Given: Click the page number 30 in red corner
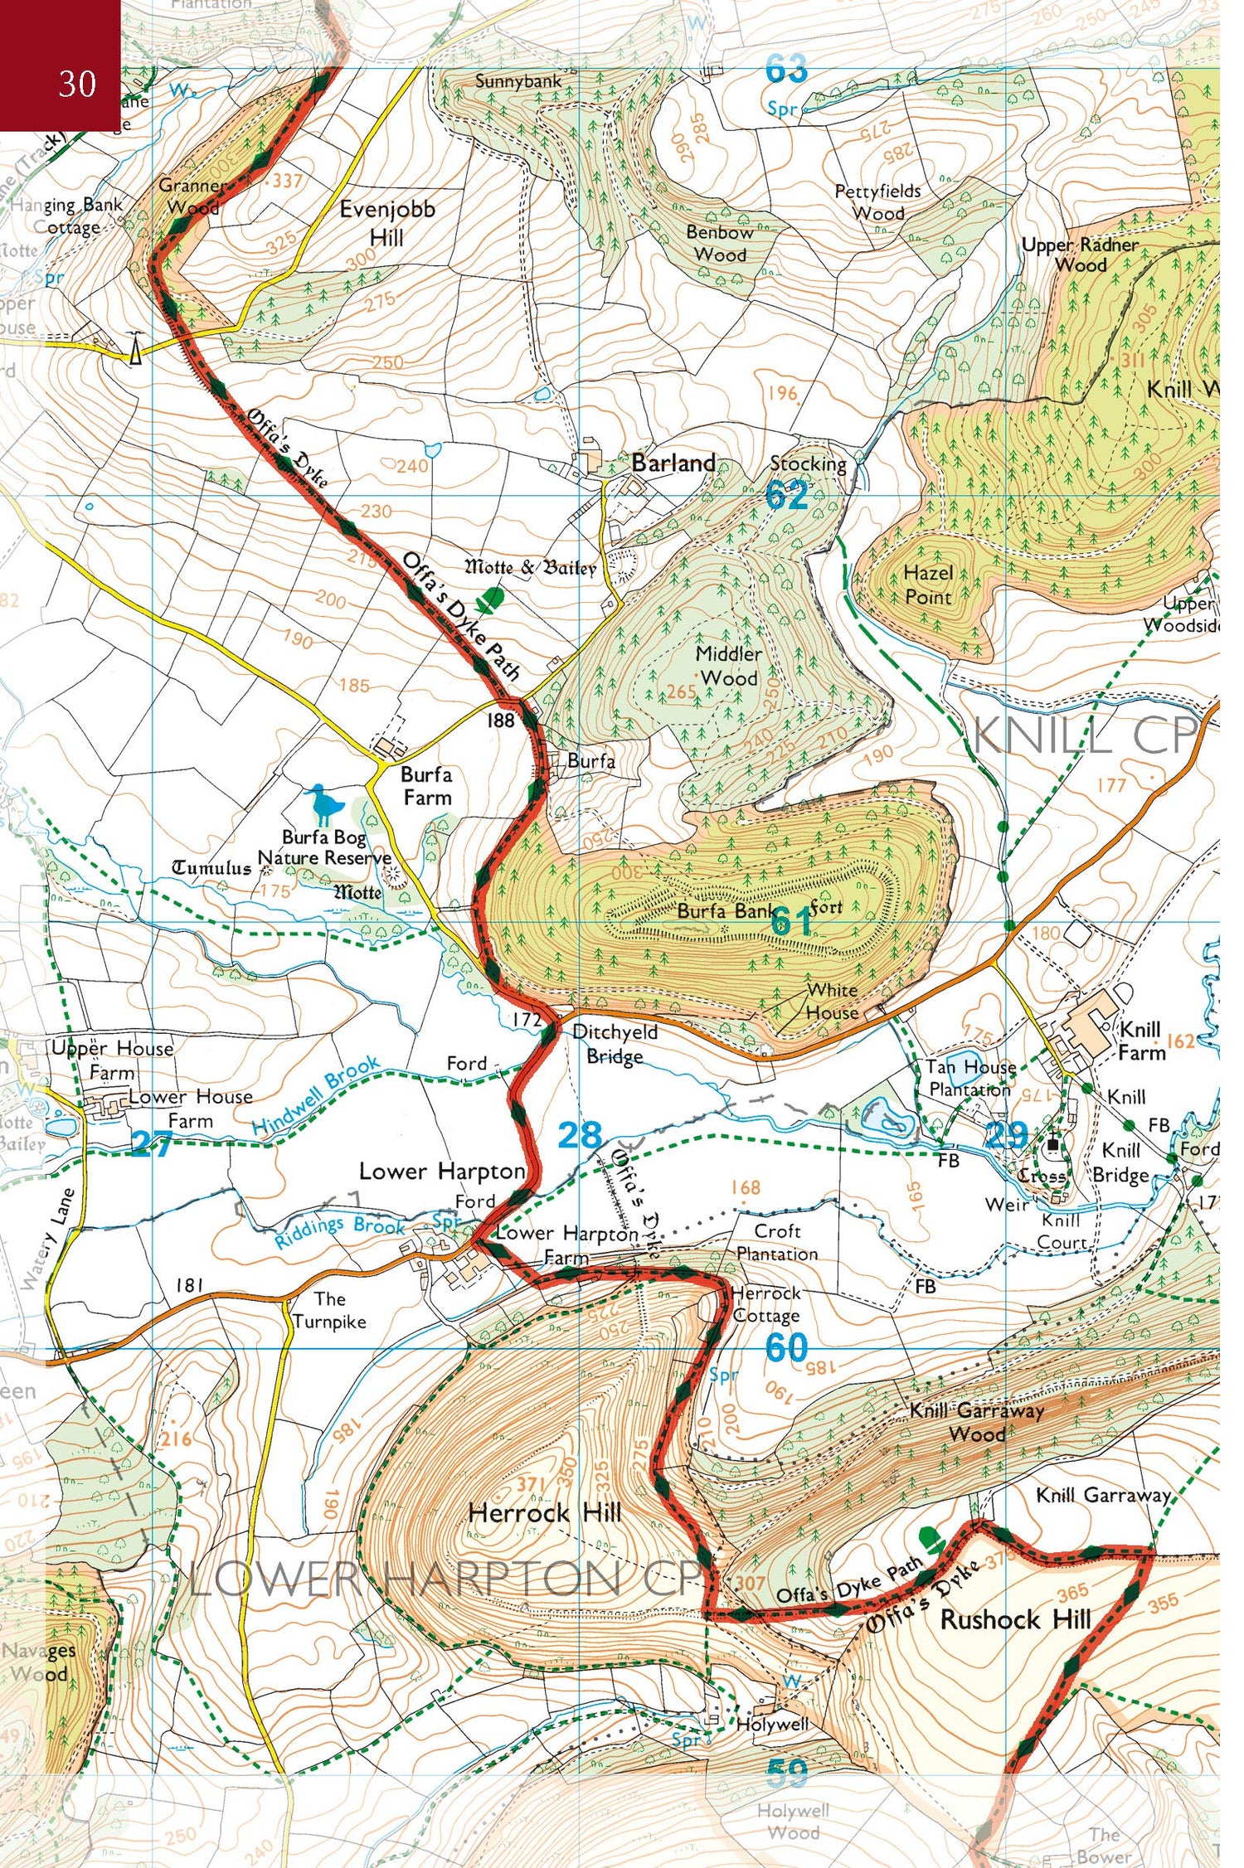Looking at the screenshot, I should pyautogui.click(x=77, y=84).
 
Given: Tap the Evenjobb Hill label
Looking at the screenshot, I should pyautogui.click(x=386, y=223).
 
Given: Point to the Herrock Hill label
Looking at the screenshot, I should pyautogui.click(x=544, y=1512).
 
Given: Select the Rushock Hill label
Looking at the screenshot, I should pyautogui.click(x=1015, y=1619).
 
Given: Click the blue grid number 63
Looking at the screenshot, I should pyautogui.click(x=785, y=70).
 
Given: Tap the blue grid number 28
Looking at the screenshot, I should pyautogui.click(x=579, y=1135).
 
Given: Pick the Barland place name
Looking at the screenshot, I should pyautogui.click(x=673, y=463).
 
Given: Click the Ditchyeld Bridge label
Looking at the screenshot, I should pyautogui.click(x=615, y=1044).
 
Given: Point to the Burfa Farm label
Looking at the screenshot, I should pyautogui.click(x=426, y=785).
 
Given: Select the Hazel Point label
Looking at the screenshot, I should pyautogui.click(x=928, y=584).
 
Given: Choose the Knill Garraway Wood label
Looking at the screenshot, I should pyautogui.click(x=976, y=1421).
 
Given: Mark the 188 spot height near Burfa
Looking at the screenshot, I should pyautogui.click(x=500, y=720).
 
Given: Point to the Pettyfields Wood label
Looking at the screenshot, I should pyautogui.click(x=877, y=201).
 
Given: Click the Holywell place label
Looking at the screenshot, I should pyautogui.click(x=773, y=1725).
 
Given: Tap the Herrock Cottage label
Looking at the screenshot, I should pyautogui.click(x=766, y=1304).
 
